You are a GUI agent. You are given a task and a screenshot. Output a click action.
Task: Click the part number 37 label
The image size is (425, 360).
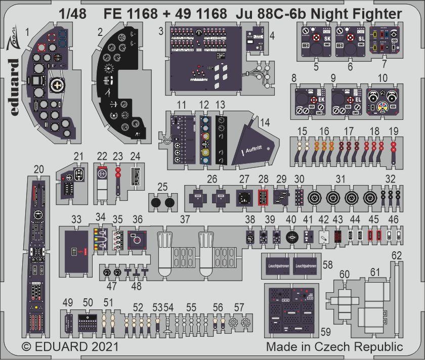click(x=186, y=219)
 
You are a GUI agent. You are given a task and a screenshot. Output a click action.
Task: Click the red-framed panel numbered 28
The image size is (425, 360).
click(x=263, y=197)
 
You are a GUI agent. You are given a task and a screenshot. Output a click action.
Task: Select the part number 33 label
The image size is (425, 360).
click(x=76, y=219)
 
